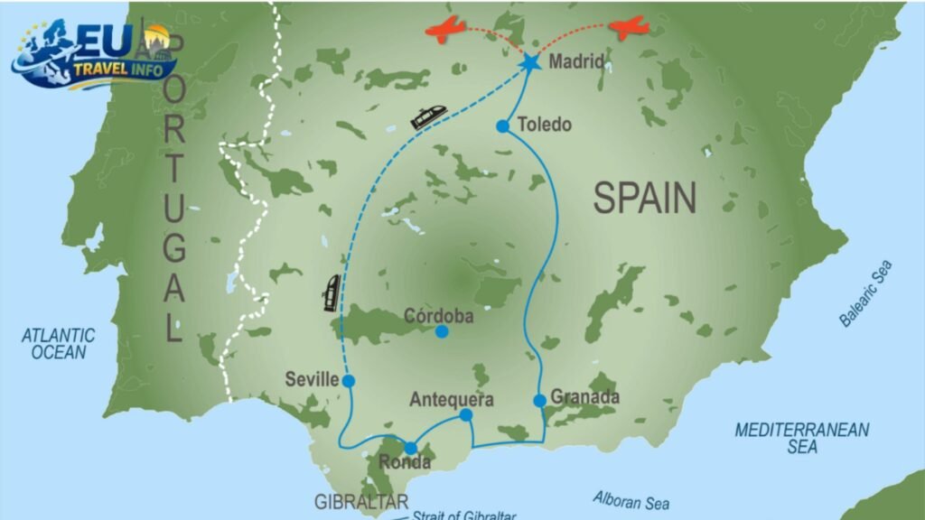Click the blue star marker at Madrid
pyautogui.click(x=529, y=62)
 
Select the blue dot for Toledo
pyautogui.click(x=503, y=126)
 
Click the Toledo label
pyautogui.click(x=546, y=125)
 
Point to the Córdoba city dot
pyautogui.click(x=442, y=332)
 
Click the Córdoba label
pyautogui.click(x=438, y=317)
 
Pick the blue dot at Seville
pyautogui.click(x=349, y=381)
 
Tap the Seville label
pyautogui.click(x=310, y=379)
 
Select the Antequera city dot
pyautogui.click(x=466, y=415)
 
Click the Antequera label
pyautogui.click(x=451, y=399)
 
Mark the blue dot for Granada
pyautogui.click(x=539, y=400)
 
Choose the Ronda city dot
pyautogui.click(x=411, y=448)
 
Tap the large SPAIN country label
pyautogui.click(x=645, y=198)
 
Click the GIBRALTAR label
pyautogui.click(x=360, y=502)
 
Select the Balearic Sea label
pyautogui.click(x=865, y=293)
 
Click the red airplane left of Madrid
pyautogui.click(x=445, y=31)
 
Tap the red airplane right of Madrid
pyautogui.click(x=629, y=28)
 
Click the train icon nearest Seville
pyautogui.click(x=332, y=292)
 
